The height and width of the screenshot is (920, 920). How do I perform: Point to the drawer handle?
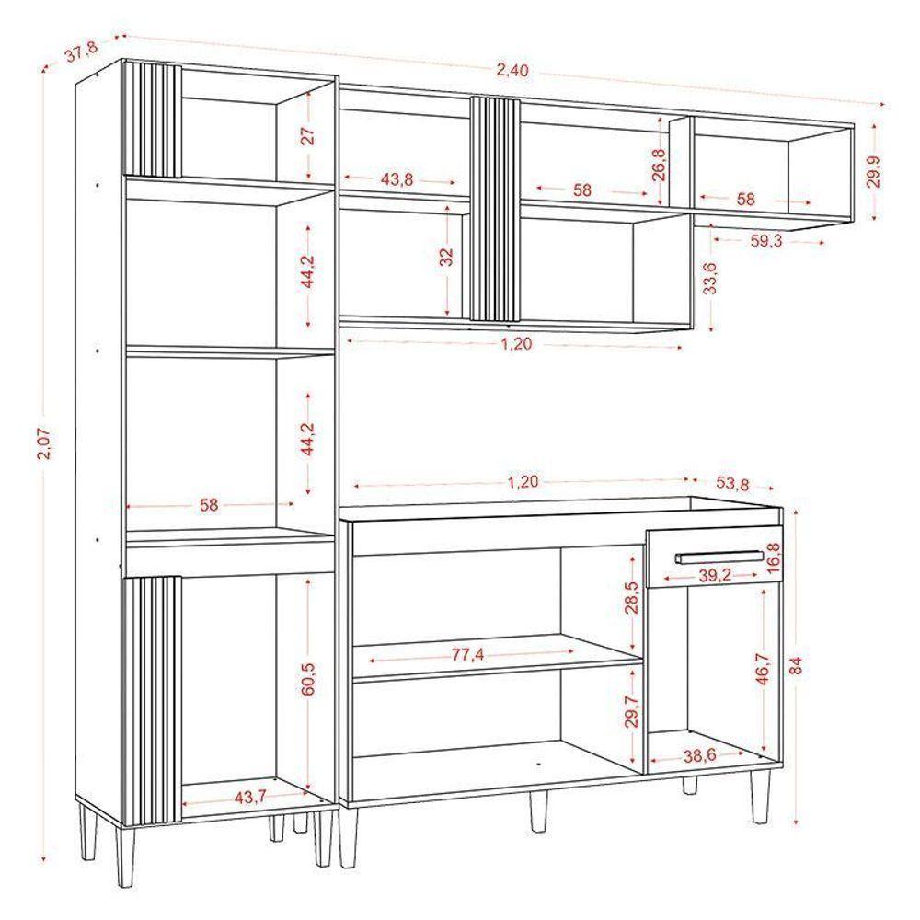click(x=719, y=557)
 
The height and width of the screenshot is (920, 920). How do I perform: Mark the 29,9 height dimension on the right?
click(x=873, y=171)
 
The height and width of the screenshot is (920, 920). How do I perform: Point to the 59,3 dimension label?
click(x=765, y=243)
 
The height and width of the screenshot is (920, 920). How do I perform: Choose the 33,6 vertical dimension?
click(x=710, y=278)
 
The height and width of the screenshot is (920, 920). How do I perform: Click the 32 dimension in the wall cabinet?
click(x=446, y=257)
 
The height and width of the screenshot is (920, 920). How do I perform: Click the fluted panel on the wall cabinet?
click(x=495, y=209)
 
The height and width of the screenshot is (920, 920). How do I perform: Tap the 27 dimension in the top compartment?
click(x=308, y=136)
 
